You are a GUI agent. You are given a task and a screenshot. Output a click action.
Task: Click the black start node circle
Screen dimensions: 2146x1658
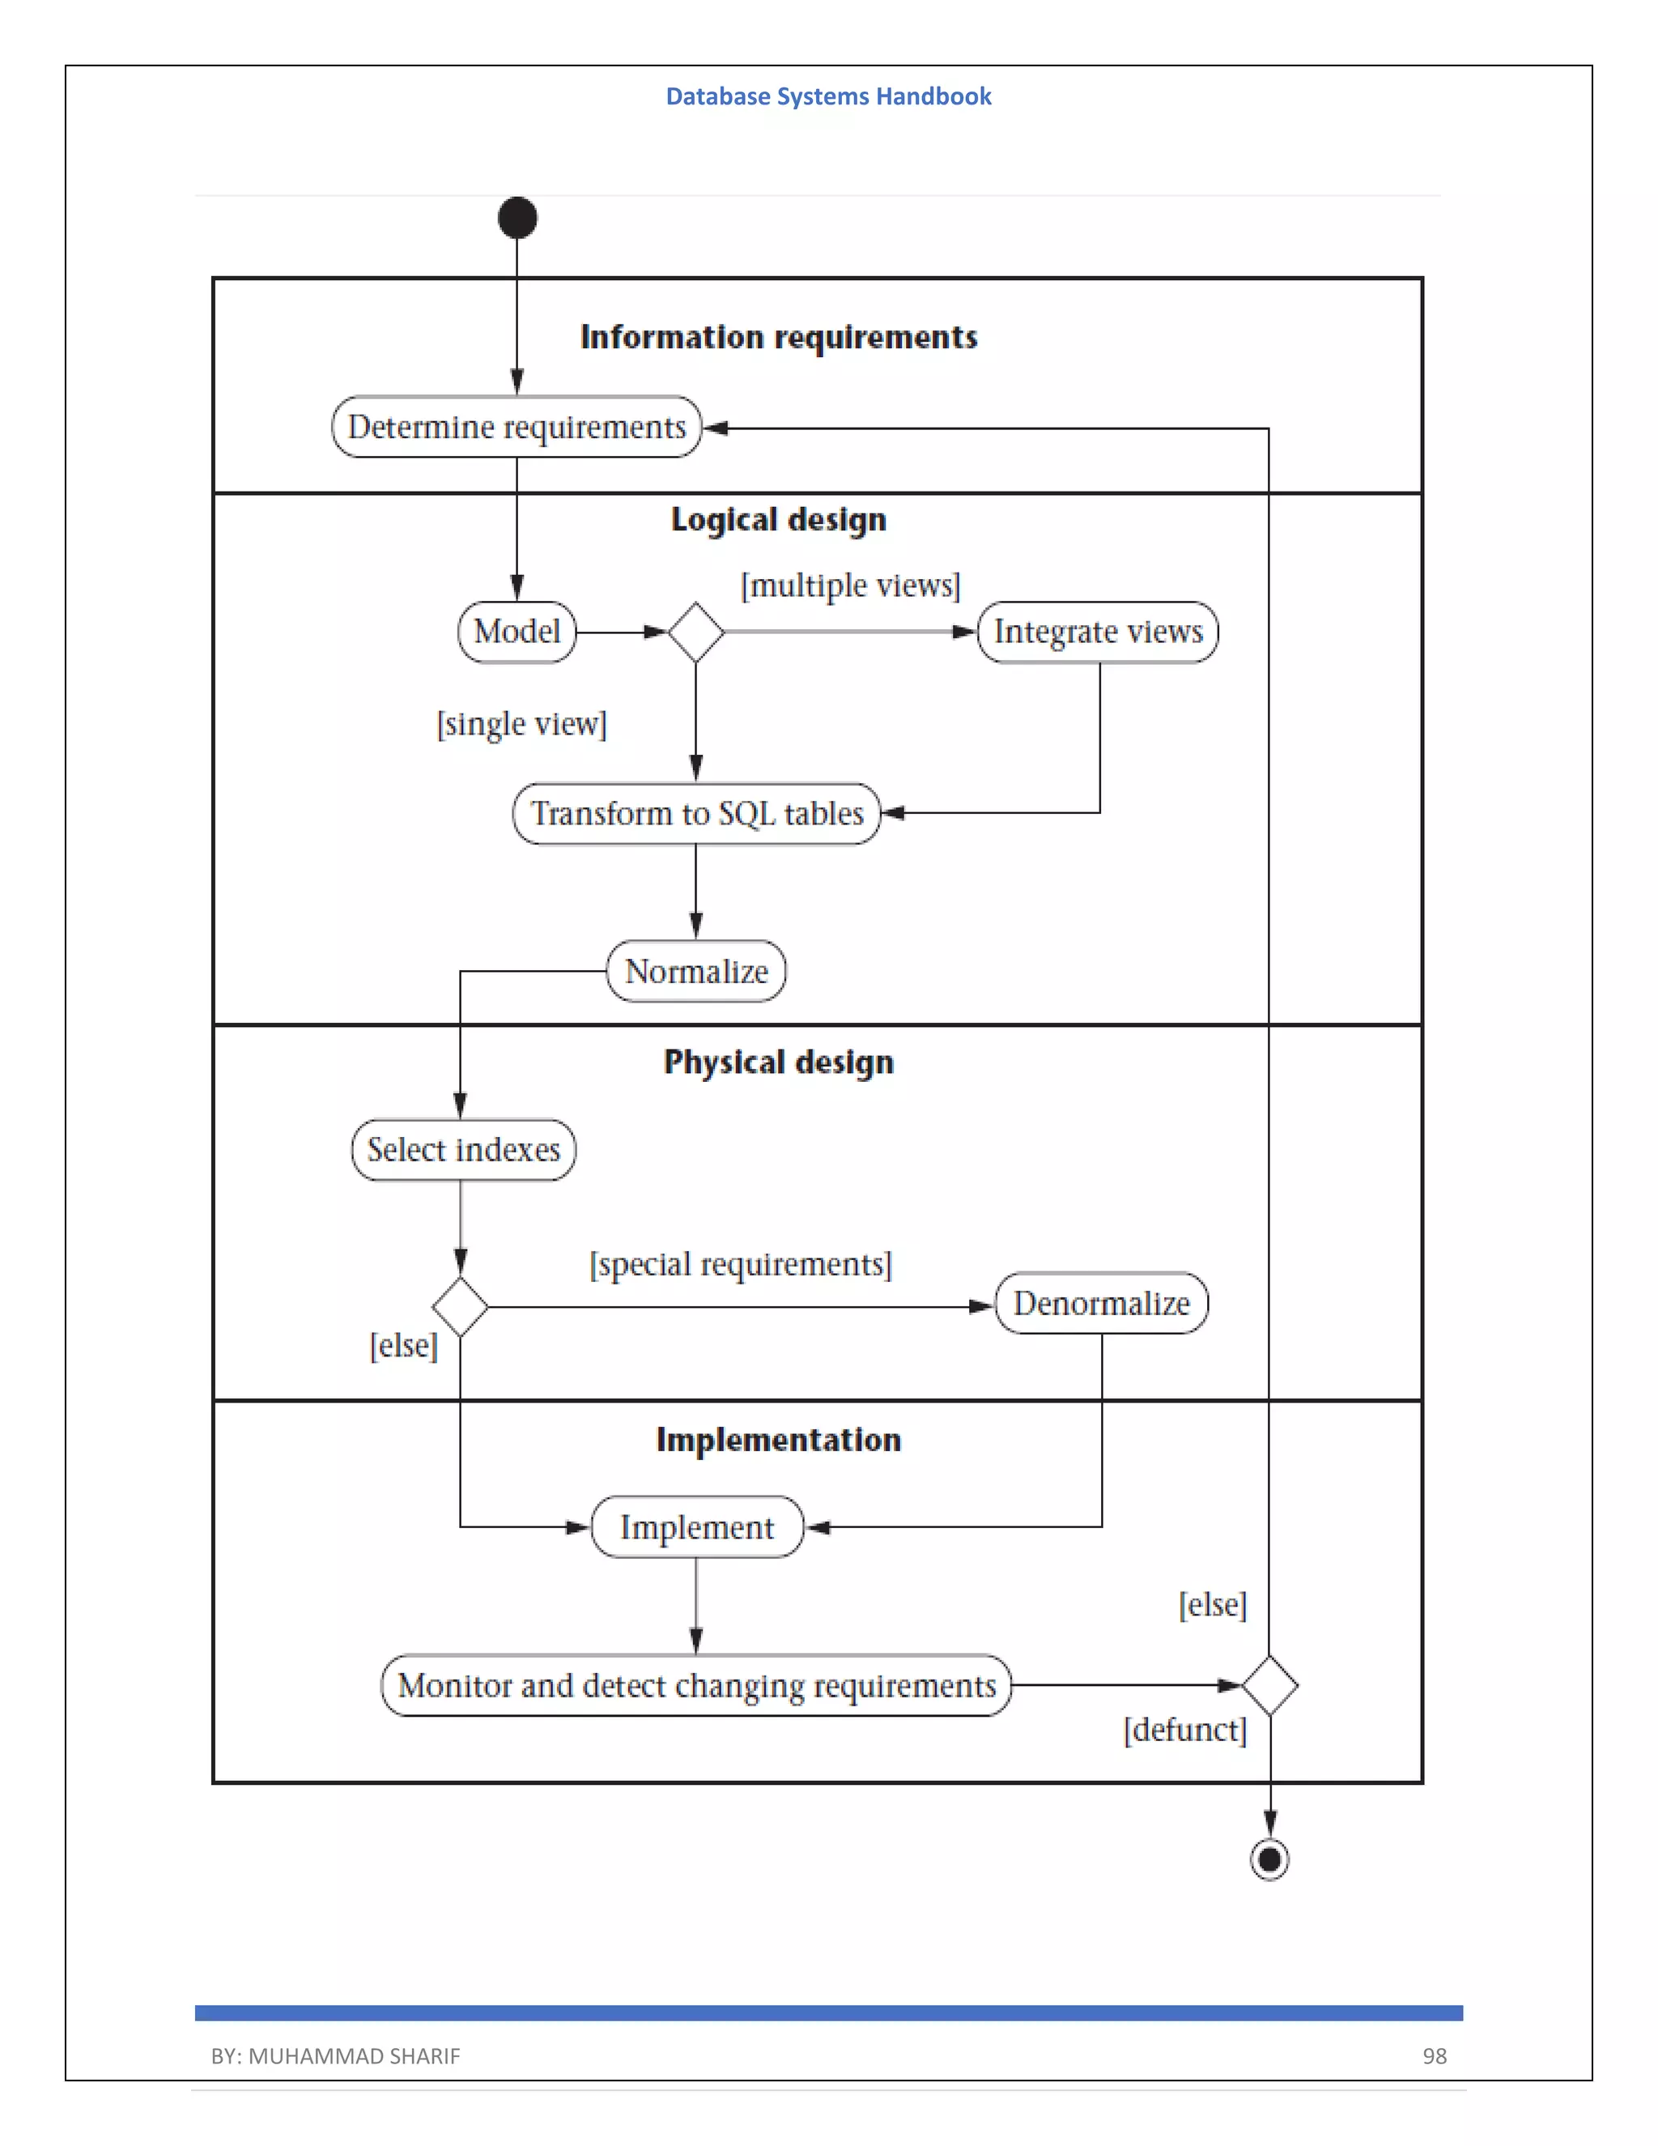pos(517,218)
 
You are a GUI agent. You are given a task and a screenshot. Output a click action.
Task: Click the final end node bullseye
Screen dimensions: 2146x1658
pos(1269,1859)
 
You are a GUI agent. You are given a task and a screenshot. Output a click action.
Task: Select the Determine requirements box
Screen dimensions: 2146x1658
pos(517,428)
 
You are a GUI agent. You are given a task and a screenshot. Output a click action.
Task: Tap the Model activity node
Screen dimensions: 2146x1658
pos(517,632)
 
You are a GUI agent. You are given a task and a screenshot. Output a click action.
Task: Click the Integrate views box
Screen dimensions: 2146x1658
pos(1098,632)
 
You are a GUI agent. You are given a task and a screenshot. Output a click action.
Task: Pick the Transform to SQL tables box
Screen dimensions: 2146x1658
pos(696,814)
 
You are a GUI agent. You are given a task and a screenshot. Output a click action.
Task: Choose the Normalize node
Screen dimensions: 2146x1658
pos(696,972)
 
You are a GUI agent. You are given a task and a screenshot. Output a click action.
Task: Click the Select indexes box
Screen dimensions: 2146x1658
pos(464,1150)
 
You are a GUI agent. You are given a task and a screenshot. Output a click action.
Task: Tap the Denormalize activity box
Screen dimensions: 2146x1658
pos(1101,1304)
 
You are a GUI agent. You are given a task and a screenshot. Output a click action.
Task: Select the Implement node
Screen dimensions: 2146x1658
pos(696,1527)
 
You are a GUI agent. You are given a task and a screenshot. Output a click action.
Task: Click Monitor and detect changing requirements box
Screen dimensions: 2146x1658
pos(696,1686)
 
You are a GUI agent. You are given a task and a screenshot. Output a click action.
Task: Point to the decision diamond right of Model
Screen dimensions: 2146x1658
pos(695,632)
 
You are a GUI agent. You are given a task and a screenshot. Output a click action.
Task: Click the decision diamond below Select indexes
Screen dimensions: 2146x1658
pos(460,1307)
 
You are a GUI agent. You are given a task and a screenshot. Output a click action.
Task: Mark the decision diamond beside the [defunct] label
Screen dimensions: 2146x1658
pos(1269,1686)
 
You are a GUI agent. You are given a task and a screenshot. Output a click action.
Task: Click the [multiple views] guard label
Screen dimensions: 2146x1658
pos(851,585)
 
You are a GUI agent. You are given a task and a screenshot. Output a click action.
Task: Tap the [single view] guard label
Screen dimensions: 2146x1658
pos(521,724)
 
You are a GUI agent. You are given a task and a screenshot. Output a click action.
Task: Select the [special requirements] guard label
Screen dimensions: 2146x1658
pos(741,1263)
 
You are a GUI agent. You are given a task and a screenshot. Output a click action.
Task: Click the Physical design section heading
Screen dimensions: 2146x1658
pos(779,1062)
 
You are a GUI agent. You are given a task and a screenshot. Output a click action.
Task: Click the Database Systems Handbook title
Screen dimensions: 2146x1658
pos(828,96)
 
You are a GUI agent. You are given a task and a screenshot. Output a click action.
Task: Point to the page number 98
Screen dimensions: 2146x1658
pos(1434,2055)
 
